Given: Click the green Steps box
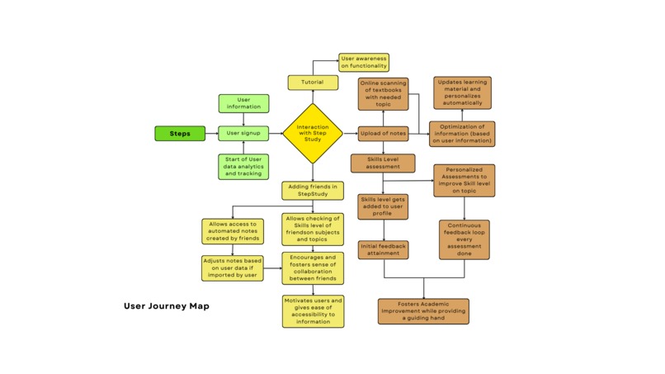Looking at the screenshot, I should coord(180,134).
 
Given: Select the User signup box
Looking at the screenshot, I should coord(243,134).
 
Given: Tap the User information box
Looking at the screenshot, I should coord(243,103).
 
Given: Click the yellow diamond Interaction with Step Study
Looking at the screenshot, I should coord(313,134).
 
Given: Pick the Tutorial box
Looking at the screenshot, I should coord(313,83).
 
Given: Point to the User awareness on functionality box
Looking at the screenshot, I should coord(364,63).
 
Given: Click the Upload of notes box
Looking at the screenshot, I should coord(383,134).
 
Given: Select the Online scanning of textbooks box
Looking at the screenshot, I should coord(383,94).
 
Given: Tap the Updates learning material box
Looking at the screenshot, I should coord(462,92).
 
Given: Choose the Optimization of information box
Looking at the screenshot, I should coord(462,134).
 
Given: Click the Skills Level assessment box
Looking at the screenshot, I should coord(383,163).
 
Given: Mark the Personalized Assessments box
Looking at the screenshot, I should coord(465,180).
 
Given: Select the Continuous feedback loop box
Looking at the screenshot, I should coord(464,239).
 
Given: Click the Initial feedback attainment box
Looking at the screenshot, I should coord(383,249).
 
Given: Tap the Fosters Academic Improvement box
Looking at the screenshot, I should coord(423,311).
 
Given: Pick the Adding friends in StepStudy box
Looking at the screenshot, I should coord(313,191).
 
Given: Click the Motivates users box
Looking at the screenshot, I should coord(313,311).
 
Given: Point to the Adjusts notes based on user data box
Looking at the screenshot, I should coord(233,268).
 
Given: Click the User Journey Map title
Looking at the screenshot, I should coord(167,306).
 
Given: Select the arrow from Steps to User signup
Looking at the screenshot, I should coord(211,134).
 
